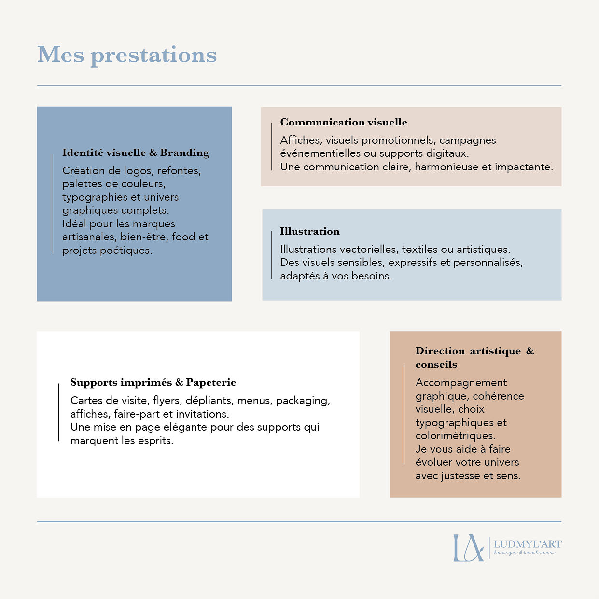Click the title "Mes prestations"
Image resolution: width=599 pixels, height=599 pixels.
click(x=127, y=55)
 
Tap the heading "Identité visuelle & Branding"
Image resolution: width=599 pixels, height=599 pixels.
click(x=136, y=153)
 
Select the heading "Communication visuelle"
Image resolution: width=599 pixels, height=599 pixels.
click(x=344, y=122)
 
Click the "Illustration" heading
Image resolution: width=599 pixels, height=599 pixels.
click(x=310, y=231)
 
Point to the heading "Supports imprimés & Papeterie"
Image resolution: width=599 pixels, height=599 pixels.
click(x=153, y=382)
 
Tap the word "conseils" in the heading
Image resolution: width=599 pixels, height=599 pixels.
click(x=436, y=364)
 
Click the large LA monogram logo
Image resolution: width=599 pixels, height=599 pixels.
click(x=467, y=548)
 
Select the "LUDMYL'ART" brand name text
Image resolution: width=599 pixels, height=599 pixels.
click(x=527, y=544)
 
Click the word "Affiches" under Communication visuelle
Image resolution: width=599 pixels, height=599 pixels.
click(x=301, y=140)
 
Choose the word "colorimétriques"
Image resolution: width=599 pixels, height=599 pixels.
click(x=455, y=436)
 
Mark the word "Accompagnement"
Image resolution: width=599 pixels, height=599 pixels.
click(x=461, y=383)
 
